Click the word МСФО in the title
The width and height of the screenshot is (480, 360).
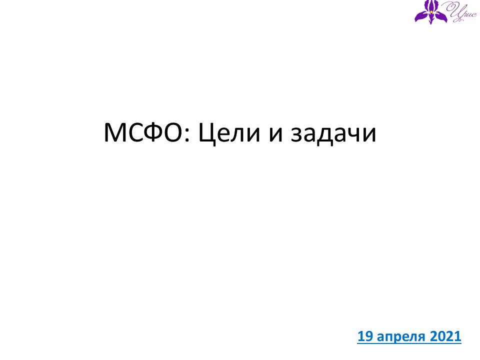pyautogui.click(x=143, y=132)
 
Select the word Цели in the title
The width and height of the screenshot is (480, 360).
pyautogui.click(x=229, y=134)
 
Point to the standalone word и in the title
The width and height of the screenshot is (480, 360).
pyautogui.click(x=276, y=135)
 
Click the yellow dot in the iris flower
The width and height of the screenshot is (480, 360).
pyautogui.click(x=431, y=11)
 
